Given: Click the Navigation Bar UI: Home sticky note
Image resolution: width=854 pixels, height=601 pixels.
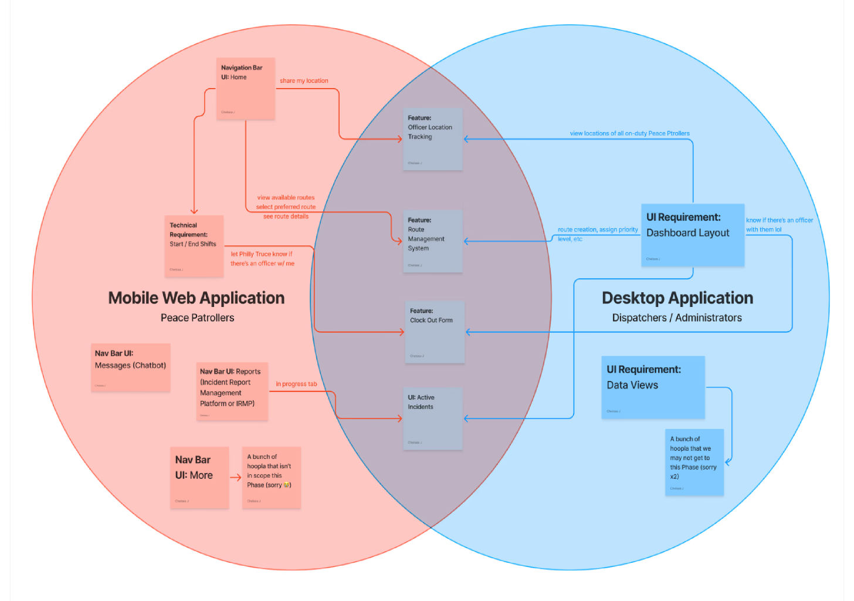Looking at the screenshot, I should pos(246,89).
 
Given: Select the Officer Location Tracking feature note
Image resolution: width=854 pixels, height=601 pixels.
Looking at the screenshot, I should pos(433,139).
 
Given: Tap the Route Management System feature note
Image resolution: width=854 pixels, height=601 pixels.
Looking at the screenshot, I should pos(433,241).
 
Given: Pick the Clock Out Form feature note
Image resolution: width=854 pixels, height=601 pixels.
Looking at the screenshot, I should pos(435,332).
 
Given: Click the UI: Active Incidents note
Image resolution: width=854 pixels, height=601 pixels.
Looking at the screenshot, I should pos(433,418).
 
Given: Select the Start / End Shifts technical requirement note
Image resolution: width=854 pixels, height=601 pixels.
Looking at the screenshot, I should pos(194,246).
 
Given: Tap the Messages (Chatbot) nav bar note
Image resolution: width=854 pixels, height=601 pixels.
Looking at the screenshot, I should pos(131,367).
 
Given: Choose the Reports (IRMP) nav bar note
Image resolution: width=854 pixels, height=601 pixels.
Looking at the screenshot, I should pos(232,391).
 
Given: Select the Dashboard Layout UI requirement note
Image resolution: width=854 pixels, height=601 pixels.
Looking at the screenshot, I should pos(693,235).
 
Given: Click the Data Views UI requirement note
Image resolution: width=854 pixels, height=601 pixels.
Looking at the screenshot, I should pos(653,387).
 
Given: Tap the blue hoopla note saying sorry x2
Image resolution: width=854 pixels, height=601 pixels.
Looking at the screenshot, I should pos(694,462).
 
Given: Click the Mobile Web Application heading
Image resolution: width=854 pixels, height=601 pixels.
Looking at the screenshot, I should pos(196,298).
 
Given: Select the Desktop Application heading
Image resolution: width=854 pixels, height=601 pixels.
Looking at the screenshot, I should pos(677,298).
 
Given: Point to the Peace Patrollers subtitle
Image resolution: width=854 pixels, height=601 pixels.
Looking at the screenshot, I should pos(198,318).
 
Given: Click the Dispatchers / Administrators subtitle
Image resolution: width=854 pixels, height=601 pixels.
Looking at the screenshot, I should pos(677,318).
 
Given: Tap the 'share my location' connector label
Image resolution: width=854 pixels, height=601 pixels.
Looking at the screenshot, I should pos(304,81).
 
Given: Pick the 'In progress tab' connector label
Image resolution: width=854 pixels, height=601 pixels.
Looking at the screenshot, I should pos(296,384).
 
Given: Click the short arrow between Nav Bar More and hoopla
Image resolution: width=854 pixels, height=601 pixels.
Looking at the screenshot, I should pos(236,478).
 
